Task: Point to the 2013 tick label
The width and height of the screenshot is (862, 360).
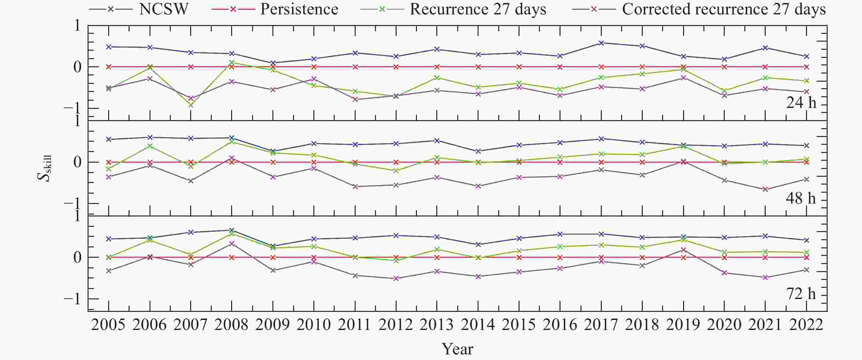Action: point(436,325)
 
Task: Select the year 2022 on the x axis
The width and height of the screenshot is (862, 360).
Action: point(806,325)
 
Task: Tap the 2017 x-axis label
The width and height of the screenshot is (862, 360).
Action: point(601,325)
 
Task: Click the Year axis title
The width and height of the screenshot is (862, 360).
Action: point(458,349)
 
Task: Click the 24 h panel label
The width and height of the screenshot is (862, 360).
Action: point(801,103)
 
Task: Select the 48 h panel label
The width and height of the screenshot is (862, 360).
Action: point(801,198)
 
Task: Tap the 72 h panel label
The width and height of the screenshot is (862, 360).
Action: point(801,294)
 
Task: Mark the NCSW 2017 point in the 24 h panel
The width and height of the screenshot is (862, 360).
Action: point(601,43)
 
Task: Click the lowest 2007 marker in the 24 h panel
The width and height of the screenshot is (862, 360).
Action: point(191,105)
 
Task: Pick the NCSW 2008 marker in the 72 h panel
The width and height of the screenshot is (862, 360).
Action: point(231,230)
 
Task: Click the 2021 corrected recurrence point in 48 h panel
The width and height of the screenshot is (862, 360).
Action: point(765,189)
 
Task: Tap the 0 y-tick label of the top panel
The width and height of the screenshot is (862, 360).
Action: point(77,67)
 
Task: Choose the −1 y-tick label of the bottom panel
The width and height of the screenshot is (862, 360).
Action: point(72,299)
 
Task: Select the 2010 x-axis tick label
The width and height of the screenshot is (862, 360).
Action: point(313,325)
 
